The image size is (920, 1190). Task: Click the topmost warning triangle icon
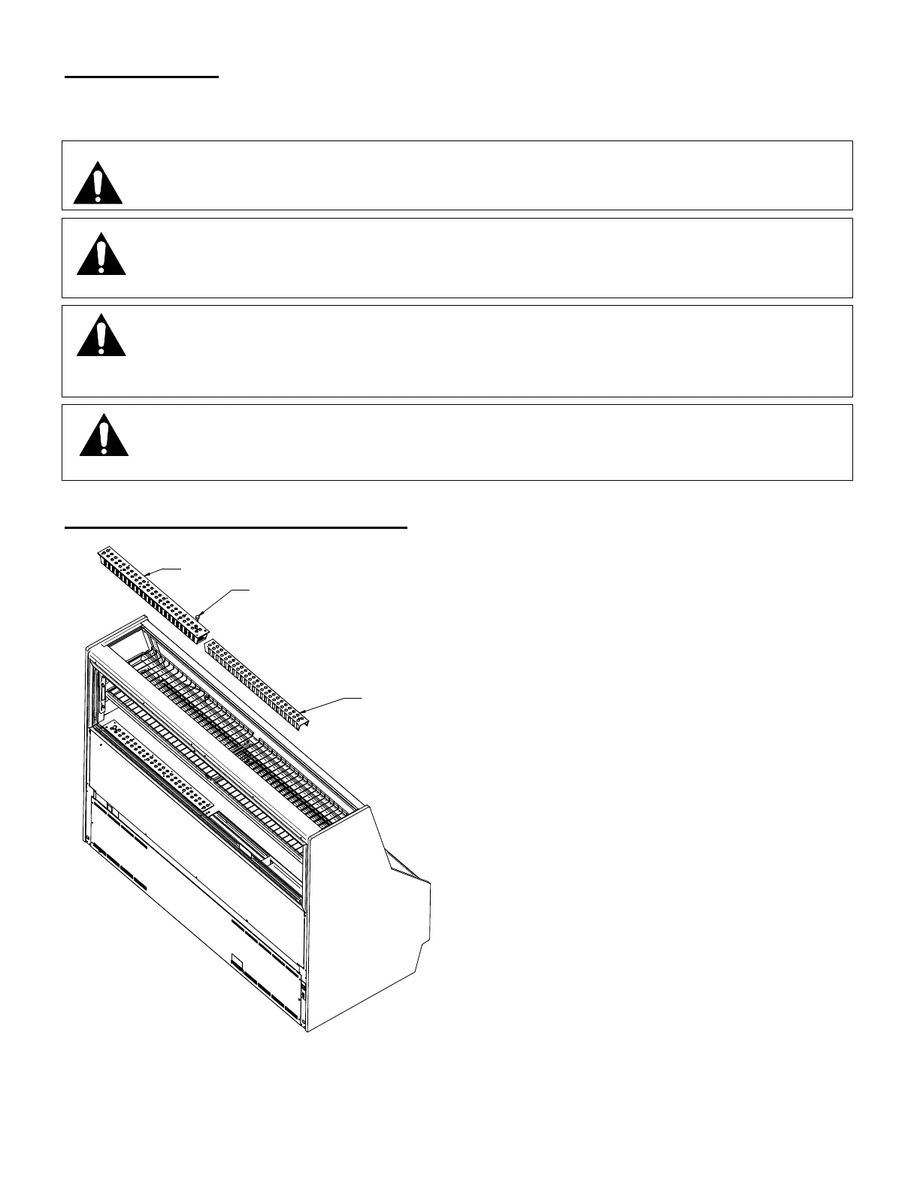[x=98, y=183]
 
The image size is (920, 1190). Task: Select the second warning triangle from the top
[x=101, y=254]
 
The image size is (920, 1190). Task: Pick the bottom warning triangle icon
[x=104, y=436]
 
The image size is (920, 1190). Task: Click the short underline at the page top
[x=141, y=77]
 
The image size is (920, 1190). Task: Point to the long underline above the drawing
[x=236, y=528]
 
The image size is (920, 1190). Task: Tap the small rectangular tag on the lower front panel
[x=238, y=962]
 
